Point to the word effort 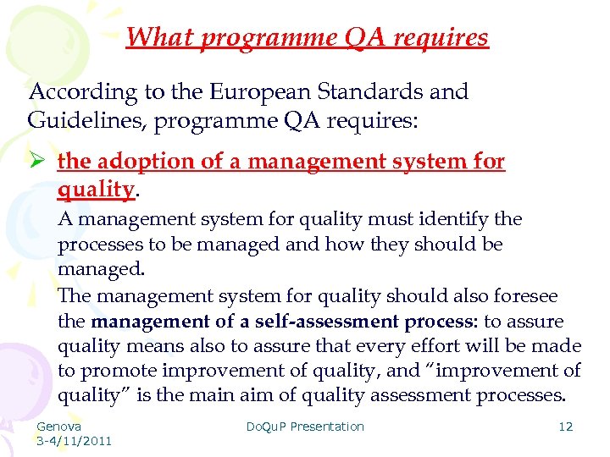tap(465, 346)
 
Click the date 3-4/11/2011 tap(74, 440)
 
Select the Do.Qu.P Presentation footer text tap(305, 427)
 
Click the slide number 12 tap(565, 427)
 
